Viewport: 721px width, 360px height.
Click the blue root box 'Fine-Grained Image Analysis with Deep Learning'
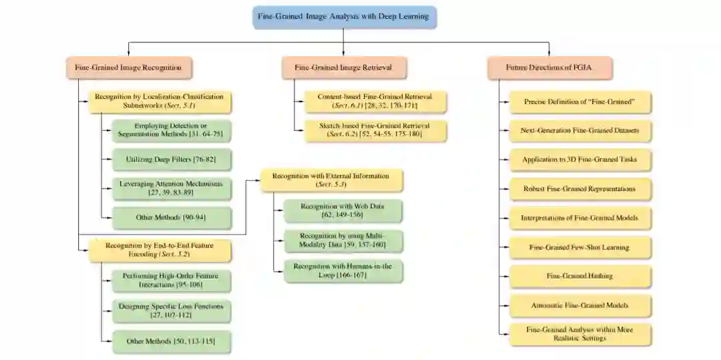[344, 16]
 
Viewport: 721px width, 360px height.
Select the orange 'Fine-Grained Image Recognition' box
[128, 68]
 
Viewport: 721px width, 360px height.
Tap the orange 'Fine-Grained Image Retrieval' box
[342, 68]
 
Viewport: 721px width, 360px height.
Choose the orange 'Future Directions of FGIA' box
[549, 68]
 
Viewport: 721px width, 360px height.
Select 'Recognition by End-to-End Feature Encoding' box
[158, 250]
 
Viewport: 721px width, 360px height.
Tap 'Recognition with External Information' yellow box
[330, 180]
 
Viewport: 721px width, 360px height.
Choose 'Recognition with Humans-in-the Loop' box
[342, 270]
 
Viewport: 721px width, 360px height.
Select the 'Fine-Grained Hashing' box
[579, 276]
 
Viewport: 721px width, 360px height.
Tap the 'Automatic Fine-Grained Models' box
[579, 305]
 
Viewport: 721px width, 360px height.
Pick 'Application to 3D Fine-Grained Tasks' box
[579, 160]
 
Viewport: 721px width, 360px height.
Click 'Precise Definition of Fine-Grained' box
[579, 102]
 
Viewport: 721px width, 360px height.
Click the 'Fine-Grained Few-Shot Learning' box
[579, 247]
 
